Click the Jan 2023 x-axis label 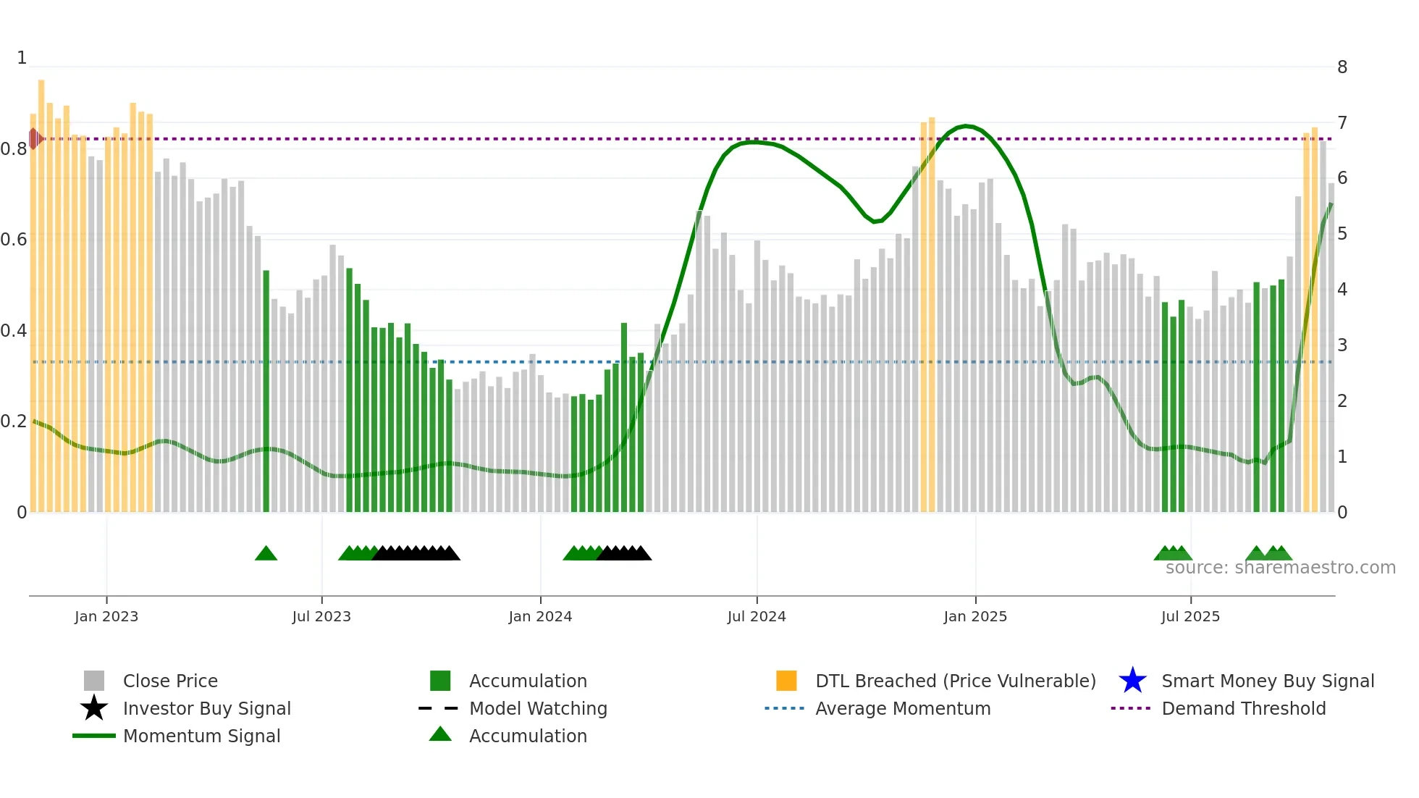(x=106, y=616)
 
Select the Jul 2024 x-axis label (x=756, y=616)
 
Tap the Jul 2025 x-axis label (x=1189, y=616)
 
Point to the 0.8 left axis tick (x=14, y=149)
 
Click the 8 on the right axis (x=1342, y=67)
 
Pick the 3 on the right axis (x=1342, y=345)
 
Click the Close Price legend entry (x=170, y=681)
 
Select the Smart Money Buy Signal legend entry (x=1267, y=681)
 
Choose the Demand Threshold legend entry (x=1243, y=708)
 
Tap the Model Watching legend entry (x=538, y=708)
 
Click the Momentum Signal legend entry (x=201, y=736)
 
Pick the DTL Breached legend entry (x=955, y=681)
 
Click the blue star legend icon (x=1132, y=681)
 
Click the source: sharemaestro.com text (x=1280, y=568)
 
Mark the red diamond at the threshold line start (x=34, y=138)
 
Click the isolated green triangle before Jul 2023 (x=266, y=554)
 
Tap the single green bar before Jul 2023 (x=266, y=391)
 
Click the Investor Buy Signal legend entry (x=206, y=708)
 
